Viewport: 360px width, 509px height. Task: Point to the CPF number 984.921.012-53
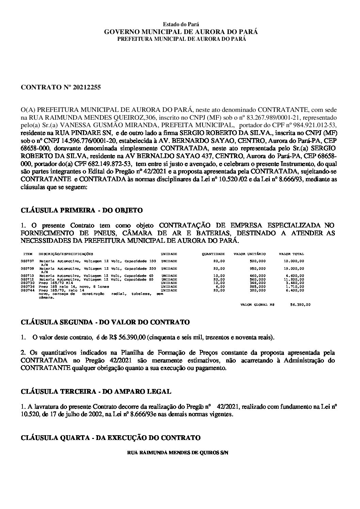click(313, 124)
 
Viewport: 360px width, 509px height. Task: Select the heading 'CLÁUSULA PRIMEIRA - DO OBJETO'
click(82, 210)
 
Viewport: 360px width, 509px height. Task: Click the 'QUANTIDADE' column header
click(213, 254)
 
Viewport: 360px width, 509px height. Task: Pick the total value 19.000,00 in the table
click(295, 269)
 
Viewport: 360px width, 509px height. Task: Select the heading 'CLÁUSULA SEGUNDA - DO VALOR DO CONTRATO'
click(105, 322)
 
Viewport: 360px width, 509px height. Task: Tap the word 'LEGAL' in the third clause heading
click(158, 392)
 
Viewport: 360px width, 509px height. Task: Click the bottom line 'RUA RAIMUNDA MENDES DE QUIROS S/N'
click(177, 453)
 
